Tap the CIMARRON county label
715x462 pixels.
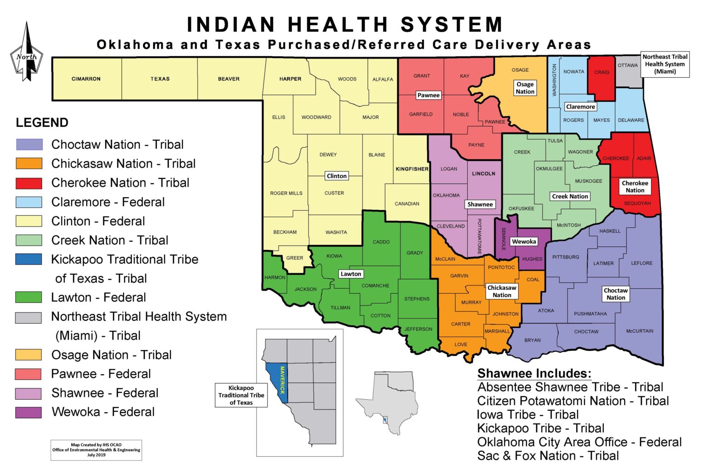click(86, 79)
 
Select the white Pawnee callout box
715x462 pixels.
click(428, 95)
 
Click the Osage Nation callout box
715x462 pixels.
click(525, 88)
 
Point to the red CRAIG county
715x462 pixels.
click(601, 77)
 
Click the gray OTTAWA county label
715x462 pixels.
click(627, 66)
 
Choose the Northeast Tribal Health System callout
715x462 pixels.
click(665, 64)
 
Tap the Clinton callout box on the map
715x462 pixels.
click(337, 176)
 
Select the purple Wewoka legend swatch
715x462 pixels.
click(29, 412)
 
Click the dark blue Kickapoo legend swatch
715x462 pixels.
click(29, 259)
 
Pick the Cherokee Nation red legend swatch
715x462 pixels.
click(29, 183)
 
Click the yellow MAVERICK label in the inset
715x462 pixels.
click(282, 380)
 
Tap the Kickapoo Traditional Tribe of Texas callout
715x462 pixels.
click(241, 395)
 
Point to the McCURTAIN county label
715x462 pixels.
click(640, 331)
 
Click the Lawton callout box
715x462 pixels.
click(351, 274)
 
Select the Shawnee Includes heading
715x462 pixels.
click(534, 374)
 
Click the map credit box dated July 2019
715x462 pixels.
click(96, 450)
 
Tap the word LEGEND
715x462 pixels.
click(42, 123)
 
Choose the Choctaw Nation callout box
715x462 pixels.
click(615, 294)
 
